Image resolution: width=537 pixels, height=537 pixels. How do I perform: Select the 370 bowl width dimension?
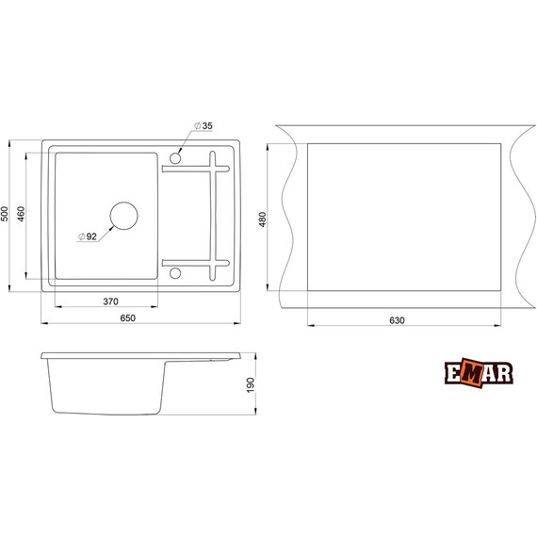(109, 301)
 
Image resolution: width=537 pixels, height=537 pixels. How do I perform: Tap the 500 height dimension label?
(8, 215)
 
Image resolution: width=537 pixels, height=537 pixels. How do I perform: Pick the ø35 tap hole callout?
(205, 126)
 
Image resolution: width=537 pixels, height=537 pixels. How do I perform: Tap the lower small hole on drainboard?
(175, 274)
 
